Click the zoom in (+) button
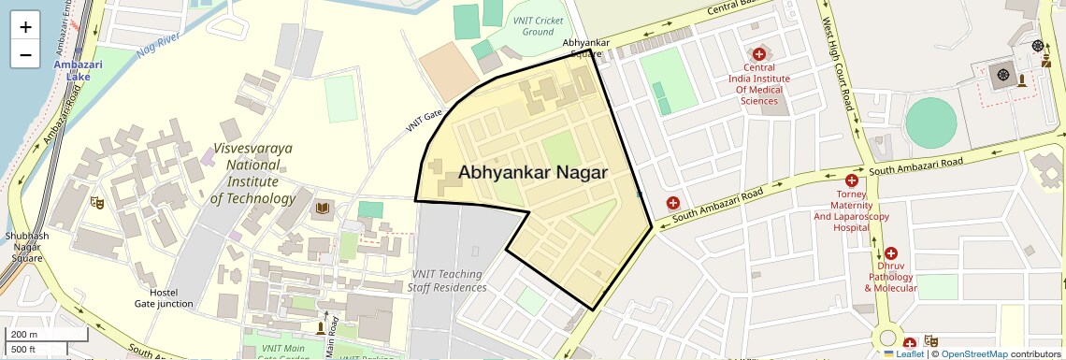tap(25, 27)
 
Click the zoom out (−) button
tap(25, 54)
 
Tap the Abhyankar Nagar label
tap(533, 173)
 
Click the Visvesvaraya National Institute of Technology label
tap(252, 173)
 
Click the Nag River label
tap(156, 42)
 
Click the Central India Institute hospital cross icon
tap(758, 54)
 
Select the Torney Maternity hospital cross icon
tap(851, 180)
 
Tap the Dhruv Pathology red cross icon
tap(890, 253)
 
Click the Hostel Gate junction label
tap(164, 297)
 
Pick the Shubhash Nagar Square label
tap(26, 247)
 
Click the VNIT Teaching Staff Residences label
tap(447, 281)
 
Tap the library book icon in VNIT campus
tap(323, 207)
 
